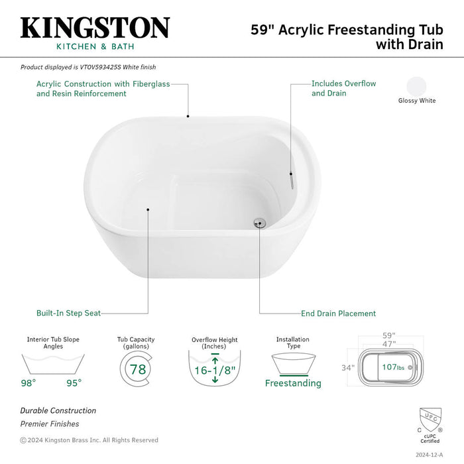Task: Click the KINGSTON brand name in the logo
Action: click(x=95, y=27)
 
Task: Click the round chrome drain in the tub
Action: click(x=260, y=223)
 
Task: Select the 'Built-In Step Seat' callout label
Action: click(x=68, y=313)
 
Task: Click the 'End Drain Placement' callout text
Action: click(x=339, y=314)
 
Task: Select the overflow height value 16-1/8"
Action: click(x=215, y=369)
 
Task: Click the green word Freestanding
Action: click(x=293, y=383)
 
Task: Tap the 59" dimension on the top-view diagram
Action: click(x=388, y=336)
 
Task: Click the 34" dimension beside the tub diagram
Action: click(x=348, y=367)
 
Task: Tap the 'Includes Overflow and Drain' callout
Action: click(x=343, y=89)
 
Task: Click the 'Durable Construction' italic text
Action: click(x=58, y=410)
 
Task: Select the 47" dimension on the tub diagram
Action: click(x=388, y=345)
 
